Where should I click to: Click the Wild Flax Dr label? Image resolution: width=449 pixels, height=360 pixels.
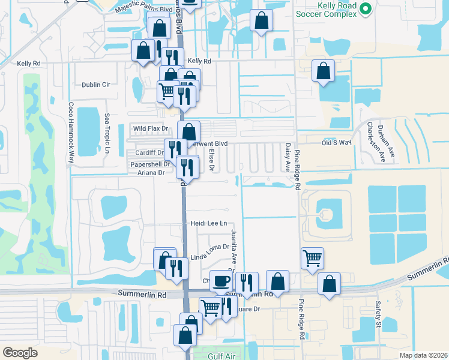click(150, 128)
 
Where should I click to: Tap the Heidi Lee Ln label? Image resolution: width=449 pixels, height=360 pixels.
click(209, 224)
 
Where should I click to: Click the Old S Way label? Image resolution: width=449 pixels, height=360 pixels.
click(336, 143)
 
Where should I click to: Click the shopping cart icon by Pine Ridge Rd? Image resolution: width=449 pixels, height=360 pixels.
click(312, 259)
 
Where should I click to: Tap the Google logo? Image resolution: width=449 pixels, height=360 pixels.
click(20, 353)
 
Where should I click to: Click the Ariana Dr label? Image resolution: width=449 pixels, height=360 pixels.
click(151, 173)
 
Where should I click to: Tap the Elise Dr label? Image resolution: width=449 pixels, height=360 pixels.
click(211, 158)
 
